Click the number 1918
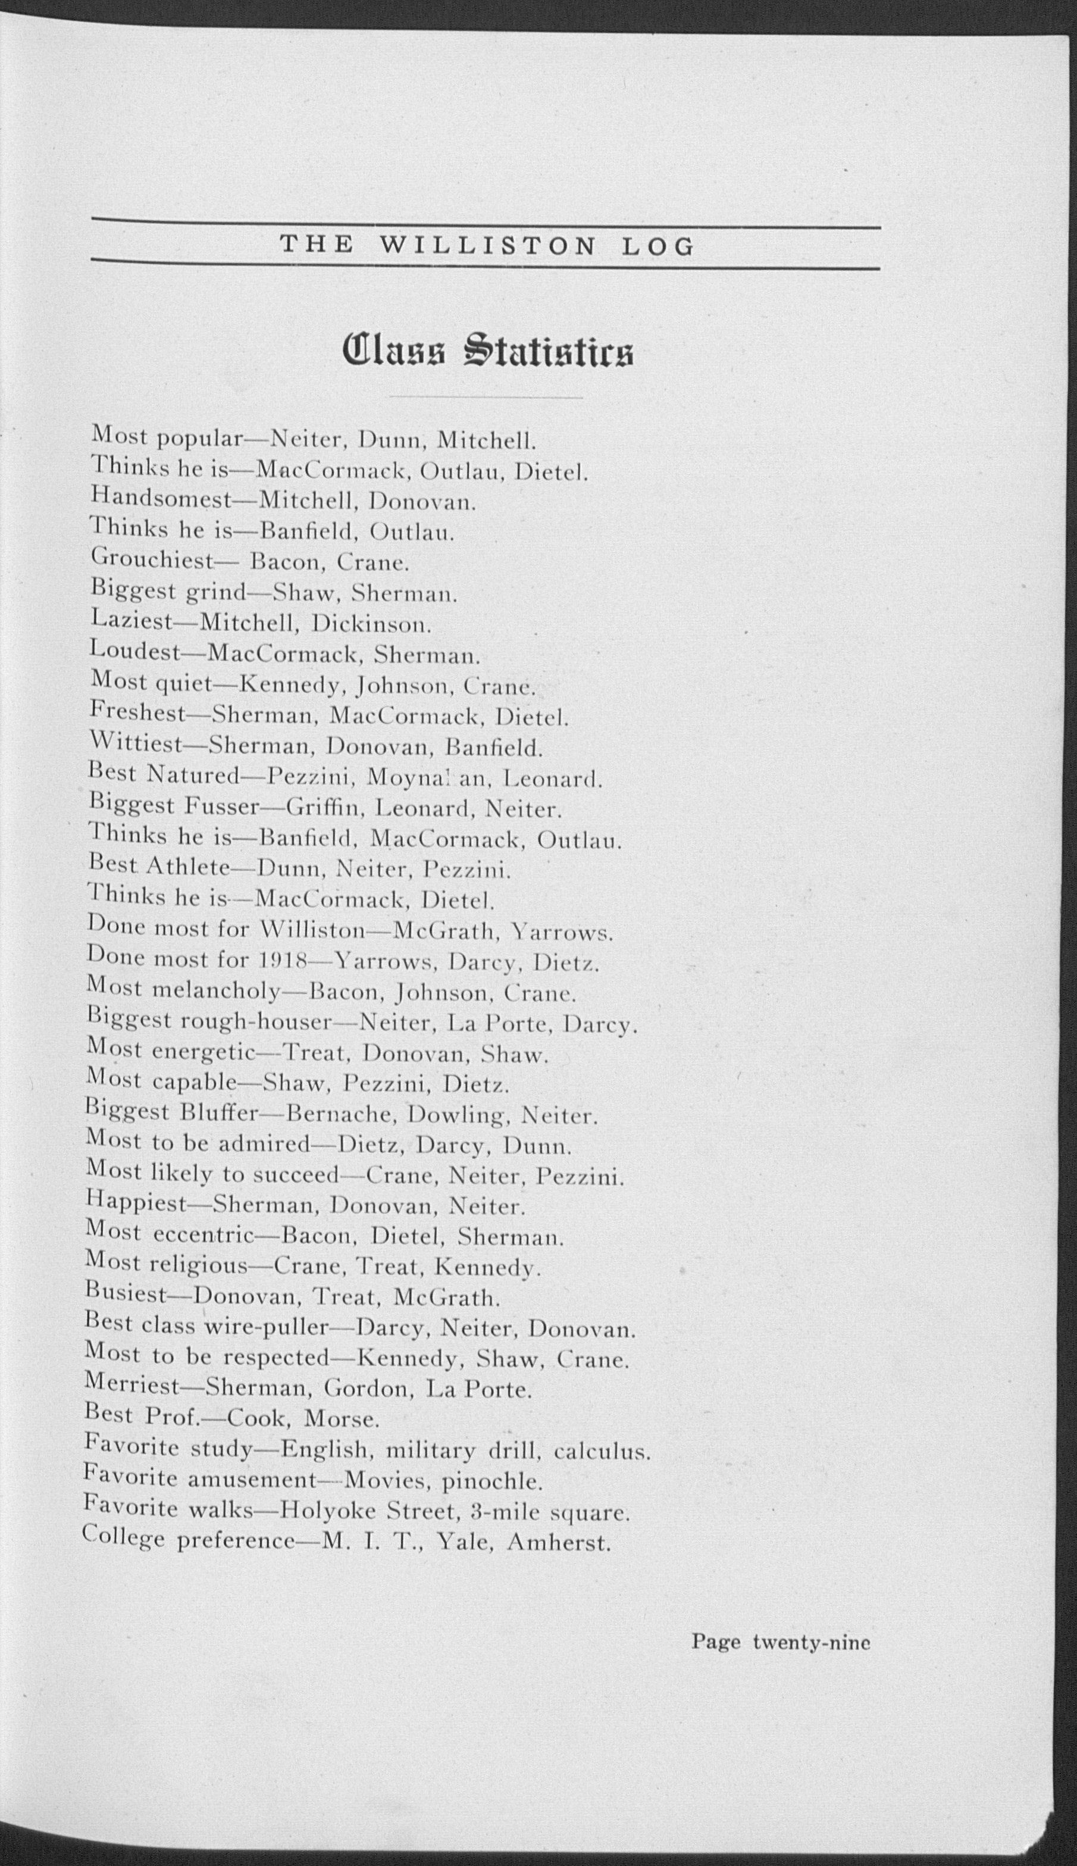click(281, 962)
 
